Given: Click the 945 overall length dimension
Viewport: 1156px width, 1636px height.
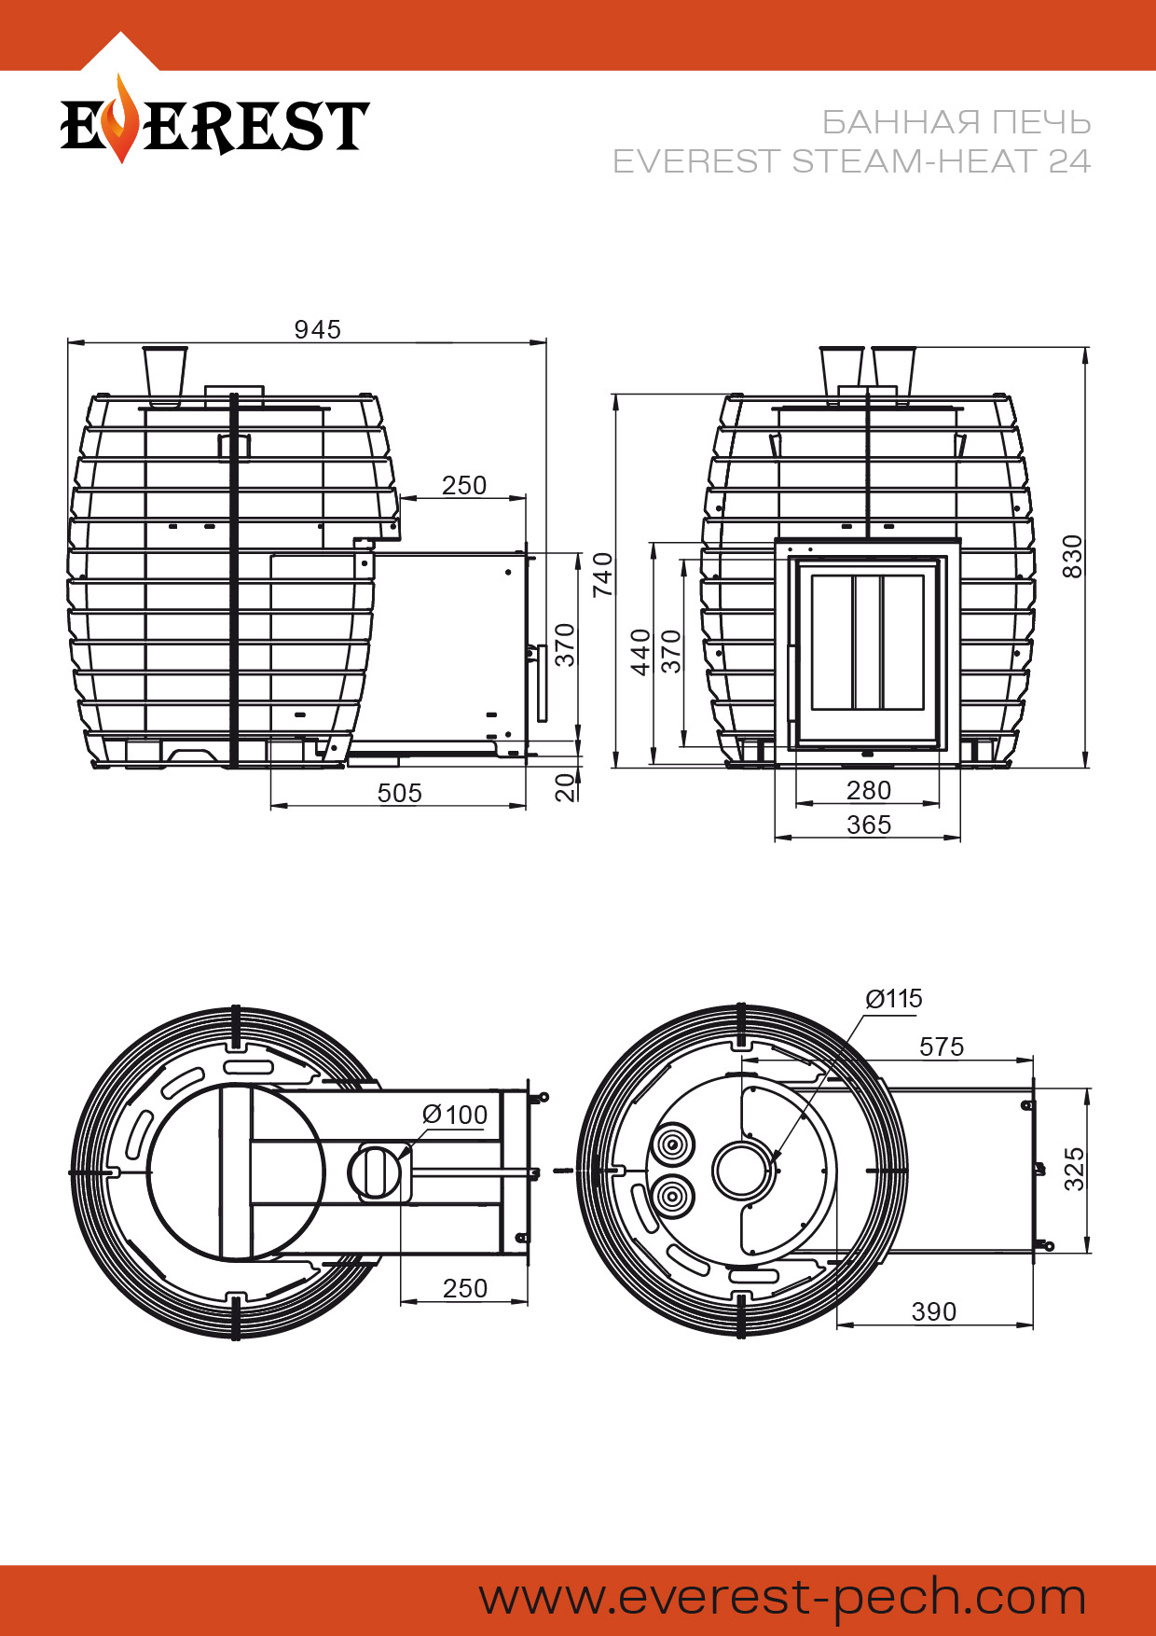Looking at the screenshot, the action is coord(318,329).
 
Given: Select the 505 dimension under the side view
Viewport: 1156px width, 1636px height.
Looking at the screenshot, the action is coord(400,793).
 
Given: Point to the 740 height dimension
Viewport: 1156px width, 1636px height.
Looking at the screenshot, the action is coord(603,575).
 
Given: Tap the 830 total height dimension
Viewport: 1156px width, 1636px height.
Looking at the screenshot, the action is coord(1073,556).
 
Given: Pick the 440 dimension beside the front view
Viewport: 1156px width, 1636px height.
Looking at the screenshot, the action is coord(640,652).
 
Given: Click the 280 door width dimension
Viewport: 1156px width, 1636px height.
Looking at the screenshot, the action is coord(869,790).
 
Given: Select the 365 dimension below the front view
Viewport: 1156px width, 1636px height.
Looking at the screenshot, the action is coord(869,825).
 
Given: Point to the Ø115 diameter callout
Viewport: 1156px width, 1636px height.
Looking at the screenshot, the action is coord(894,999).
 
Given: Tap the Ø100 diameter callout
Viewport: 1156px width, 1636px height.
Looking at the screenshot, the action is coord(455,1115).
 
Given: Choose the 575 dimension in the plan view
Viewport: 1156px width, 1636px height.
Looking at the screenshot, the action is coord(942,1047).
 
